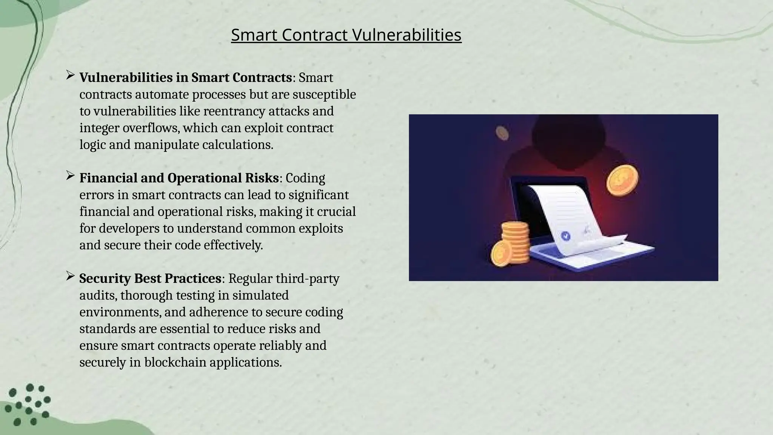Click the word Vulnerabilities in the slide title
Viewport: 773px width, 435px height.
pos(407,35)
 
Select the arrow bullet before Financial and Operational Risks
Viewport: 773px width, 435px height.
pos(70,176)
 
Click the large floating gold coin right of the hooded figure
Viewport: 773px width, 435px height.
pos(622,180)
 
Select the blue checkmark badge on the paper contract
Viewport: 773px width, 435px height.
pos(565,236)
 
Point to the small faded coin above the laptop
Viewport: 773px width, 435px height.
pos(502,133)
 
